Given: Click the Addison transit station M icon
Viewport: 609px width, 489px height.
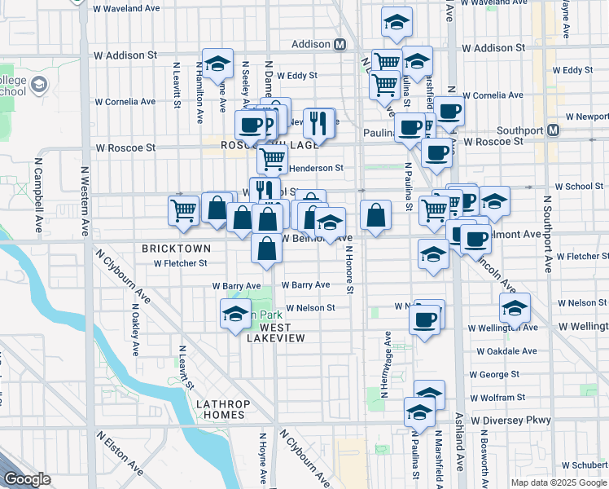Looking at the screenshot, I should (340, 44).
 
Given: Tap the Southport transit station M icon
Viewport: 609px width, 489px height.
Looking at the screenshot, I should (554, 130).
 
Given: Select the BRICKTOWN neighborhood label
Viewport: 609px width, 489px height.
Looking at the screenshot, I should (176, 248).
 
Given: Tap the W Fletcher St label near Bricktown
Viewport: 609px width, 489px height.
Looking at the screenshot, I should (181, 263).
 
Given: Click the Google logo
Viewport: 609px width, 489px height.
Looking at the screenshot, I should (28, 479).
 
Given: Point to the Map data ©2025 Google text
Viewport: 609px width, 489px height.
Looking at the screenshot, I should (558, 482).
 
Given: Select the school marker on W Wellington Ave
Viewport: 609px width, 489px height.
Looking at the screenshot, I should (515, 309).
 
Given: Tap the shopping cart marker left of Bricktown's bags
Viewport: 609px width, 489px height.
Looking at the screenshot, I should (183, 209).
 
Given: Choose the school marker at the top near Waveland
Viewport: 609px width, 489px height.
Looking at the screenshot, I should (397, 23).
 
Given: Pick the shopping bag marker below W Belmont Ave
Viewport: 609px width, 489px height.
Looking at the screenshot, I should (267, 249).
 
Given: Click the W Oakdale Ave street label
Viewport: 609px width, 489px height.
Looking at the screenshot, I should (506, 351).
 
